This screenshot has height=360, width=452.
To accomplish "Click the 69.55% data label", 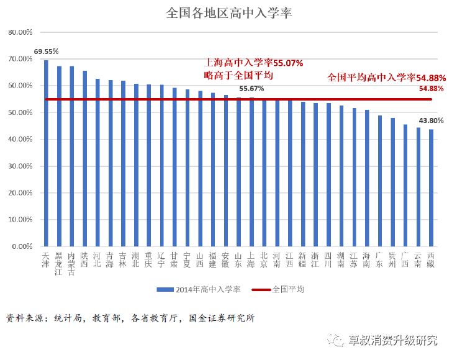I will click(47, 52).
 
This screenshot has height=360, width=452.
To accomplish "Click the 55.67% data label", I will click(251, 89).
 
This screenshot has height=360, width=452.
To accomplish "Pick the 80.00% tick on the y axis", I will click(19, 32).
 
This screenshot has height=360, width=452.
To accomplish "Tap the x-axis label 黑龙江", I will click(59, 263).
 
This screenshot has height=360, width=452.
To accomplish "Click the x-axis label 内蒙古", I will click(72, 263).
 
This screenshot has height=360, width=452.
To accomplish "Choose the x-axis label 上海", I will click(251, 259).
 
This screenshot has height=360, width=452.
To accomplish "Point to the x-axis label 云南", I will click(418, 259).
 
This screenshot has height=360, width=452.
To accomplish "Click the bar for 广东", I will click(379, 181).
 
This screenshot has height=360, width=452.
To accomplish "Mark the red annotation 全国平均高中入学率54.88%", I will click(386, 78).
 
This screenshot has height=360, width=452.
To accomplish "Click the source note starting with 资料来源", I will click(130, 318).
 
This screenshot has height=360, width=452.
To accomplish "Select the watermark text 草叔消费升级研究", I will click(392, 340).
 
